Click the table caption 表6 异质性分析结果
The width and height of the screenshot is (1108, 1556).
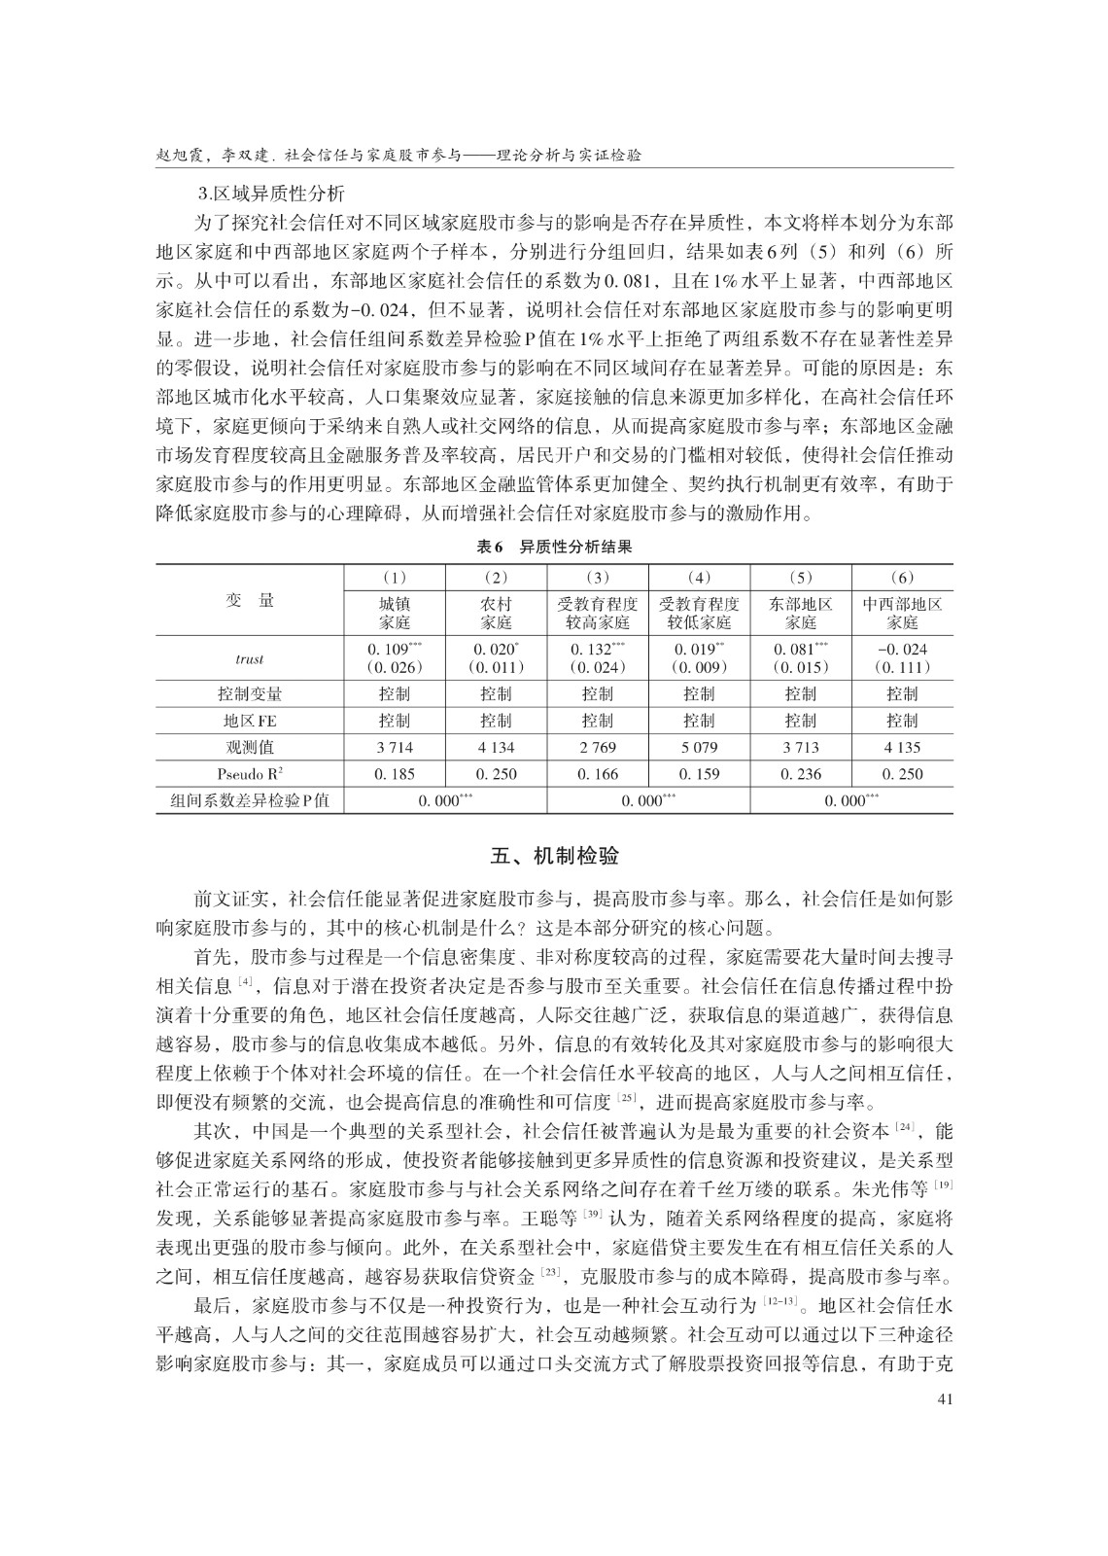pyautogui.click(x=554, y=547)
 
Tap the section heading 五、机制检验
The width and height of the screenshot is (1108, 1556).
pyautogui.click(x=554, y=857)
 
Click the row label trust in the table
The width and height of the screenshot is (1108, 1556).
pyautogui.click(x=250, y=658)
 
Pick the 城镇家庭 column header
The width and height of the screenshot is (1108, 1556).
pyautogui.click(x=395, y=613)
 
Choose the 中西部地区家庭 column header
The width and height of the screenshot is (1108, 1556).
pyautogui.click(x=902, y=613)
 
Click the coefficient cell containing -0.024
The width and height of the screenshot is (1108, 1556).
pyautogui.click(x=902, y=650)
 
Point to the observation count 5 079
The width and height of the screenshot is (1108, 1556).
pyautogui.click(x=699, y=747)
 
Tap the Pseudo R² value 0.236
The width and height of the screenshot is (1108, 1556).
pyautogui.click(x=801, y=774)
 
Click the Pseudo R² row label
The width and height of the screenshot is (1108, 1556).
pyautogui.click(x=250, y=774)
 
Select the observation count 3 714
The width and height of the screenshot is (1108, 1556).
pyautogui.click(x=395, y=747)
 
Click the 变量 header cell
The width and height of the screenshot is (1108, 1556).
pyautogui.click(x=250, y=600)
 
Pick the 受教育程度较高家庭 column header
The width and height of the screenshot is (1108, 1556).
pyautogui.click(x=598, y=613)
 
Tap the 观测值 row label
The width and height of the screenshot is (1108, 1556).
pyautogui.click(x=250, y=747)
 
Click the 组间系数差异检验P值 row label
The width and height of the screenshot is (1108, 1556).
pyautogui.click(x=250, y=800)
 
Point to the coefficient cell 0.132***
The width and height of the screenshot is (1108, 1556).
pyautogui.click(x=598, y=650)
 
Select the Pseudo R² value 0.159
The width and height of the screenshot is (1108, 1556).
pyautogui.click(x=699, y=774)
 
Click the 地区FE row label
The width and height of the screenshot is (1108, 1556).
pyautogui.click(x=250, y=721)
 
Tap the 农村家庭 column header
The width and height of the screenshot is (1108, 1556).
pyautogui.click(x=497, y=613)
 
